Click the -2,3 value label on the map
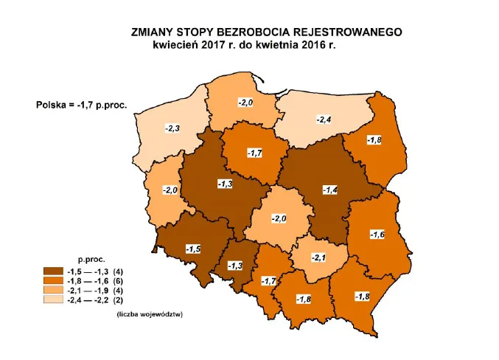(172, 128)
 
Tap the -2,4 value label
(324, 119)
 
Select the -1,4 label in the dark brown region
(330, 190)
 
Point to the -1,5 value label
(194, 248)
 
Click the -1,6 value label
(377, 235)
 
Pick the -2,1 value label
(318, 257)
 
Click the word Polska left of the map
(52, 104)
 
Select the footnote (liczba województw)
(149, 315)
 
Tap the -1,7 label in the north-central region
(255, 153)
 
